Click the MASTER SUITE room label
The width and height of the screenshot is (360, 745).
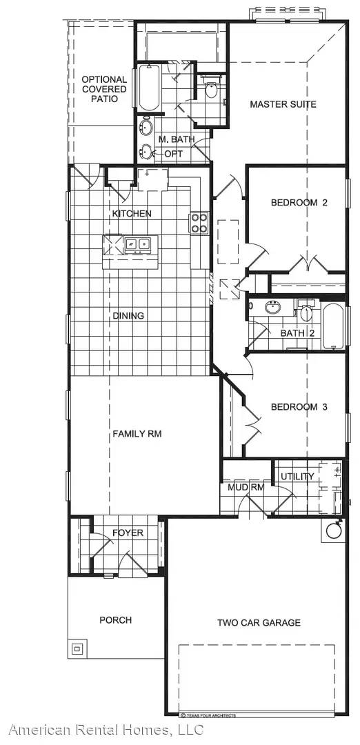[283, 104]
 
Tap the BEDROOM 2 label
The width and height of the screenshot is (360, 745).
[298, 203]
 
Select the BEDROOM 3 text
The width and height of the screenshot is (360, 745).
[298, 407]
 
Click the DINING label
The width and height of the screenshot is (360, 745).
[128, 316]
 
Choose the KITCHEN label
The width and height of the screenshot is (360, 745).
[132, 214]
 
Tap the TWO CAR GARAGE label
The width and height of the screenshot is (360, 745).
[259, 623]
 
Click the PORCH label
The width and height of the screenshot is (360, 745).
[115, 620]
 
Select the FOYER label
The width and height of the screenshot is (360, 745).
[128, 533]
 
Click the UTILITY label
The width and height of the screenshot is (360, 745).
[297, 477]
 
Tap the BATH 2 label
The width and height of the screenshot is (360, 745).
[297, 334]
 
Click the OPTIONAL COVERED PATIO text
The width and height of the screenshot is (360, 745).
[104, 89]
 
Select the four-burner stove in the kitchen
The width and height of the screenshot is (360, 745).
[199, 222]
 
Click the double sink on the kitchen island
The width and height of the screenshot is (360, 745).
[138, 244]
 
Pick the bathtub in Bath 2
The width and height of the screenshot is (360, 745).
[332, 326]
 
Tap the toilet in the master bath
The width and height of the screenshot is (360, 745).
[212, 89]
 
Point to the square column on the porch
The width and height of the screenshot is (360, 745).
[77, 648]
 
